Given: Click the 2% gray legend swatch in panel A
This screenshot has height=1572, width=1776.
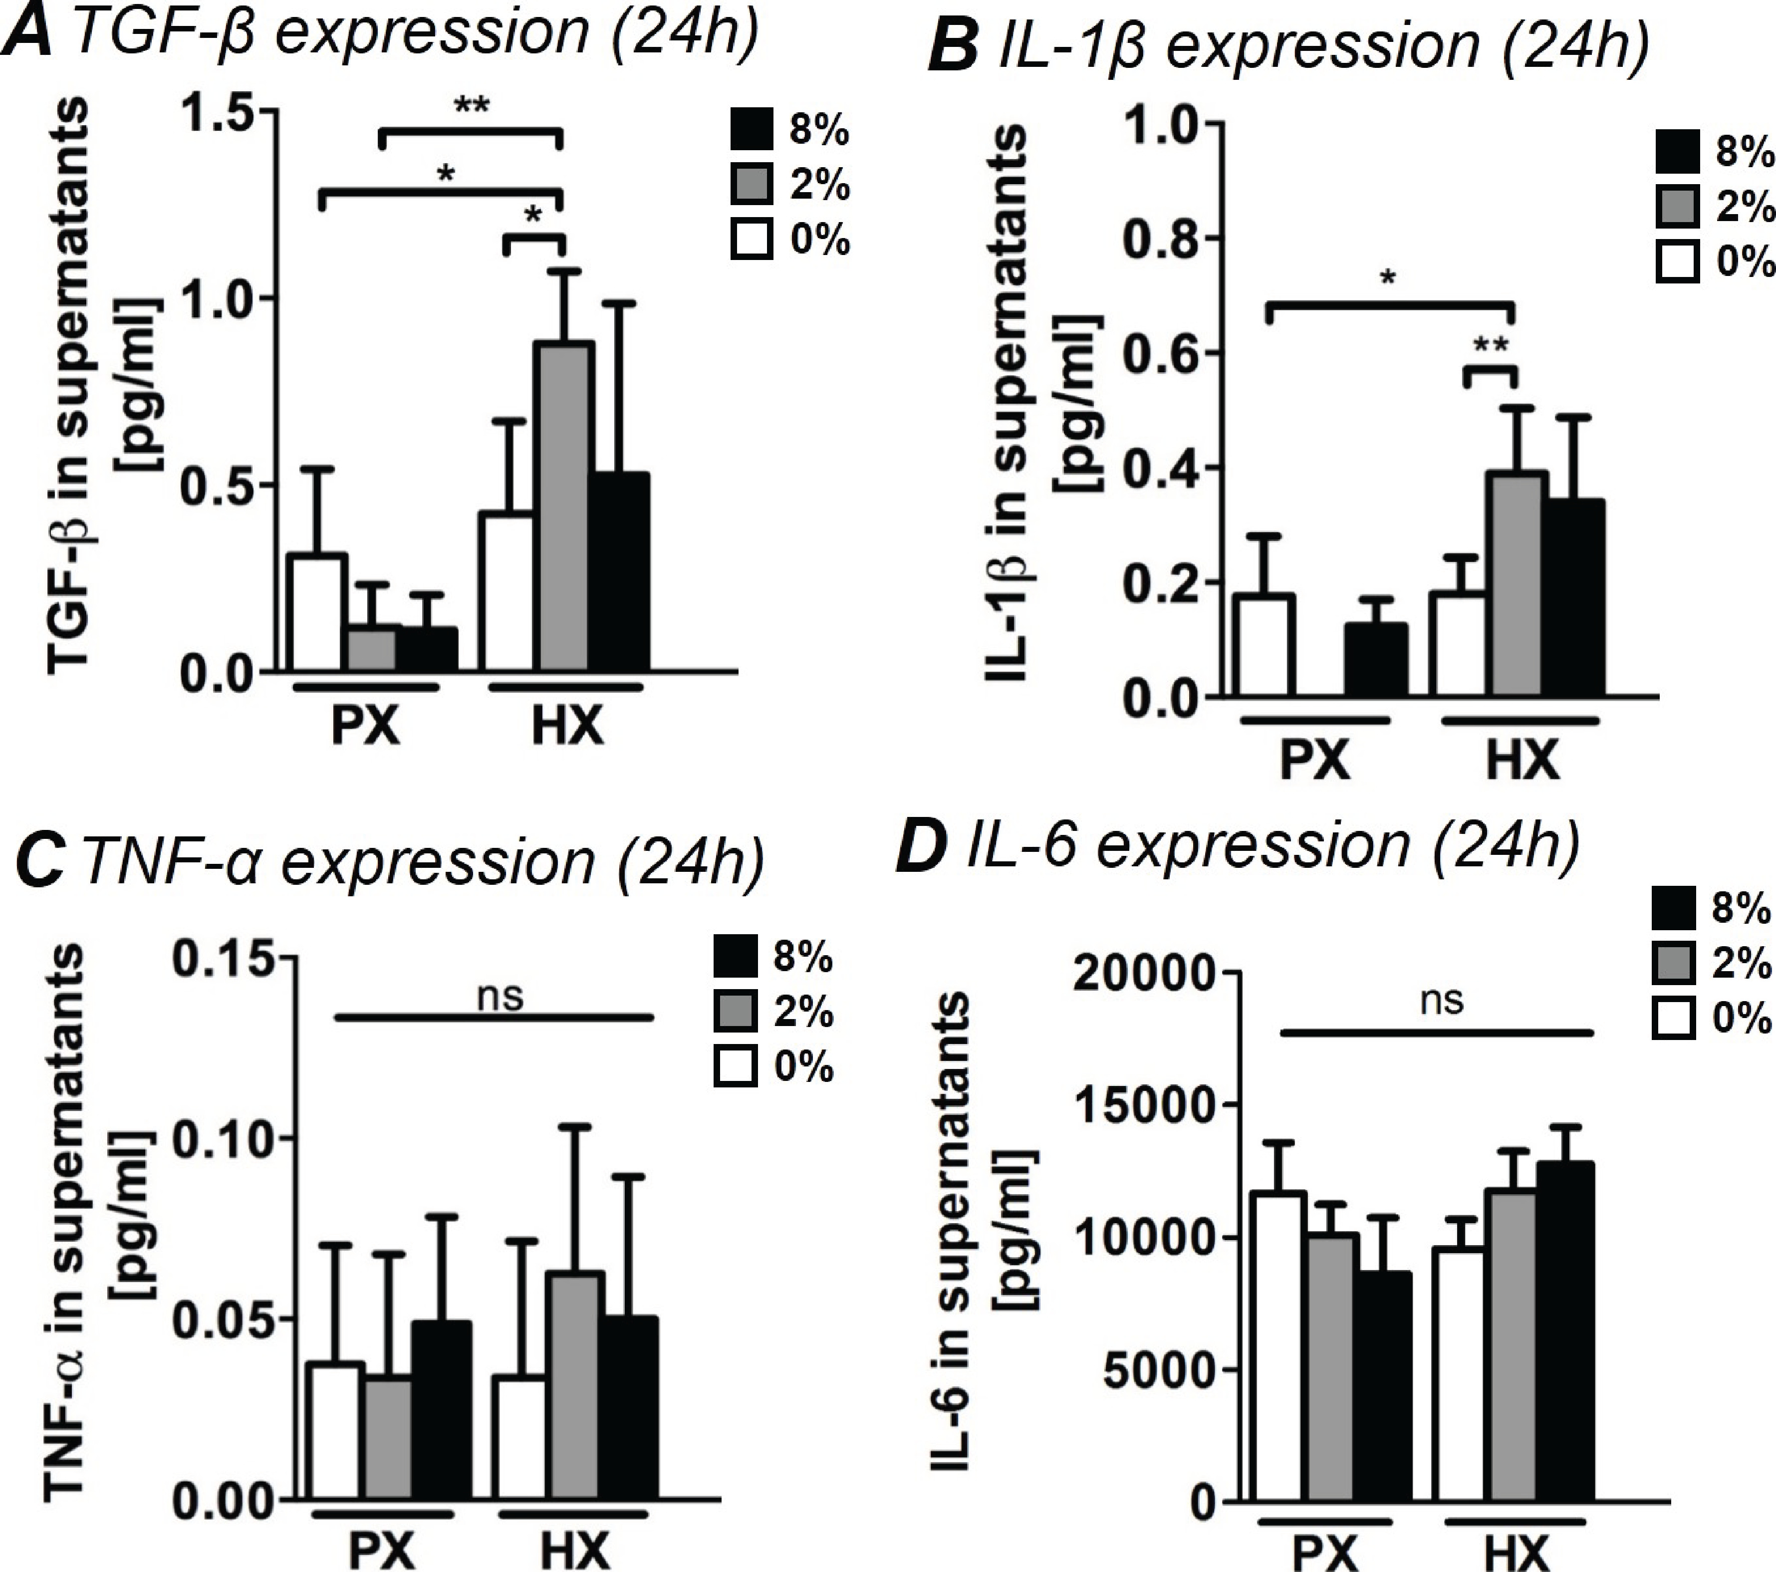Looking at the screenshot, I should [x=751, y=186].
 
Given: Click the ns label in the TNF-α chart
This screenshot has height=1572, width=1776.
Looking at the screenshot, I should [x=502, y=996].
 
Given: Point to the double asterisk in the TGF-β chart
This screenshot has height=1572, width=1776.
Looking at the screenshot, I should [x=472, y=107].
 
